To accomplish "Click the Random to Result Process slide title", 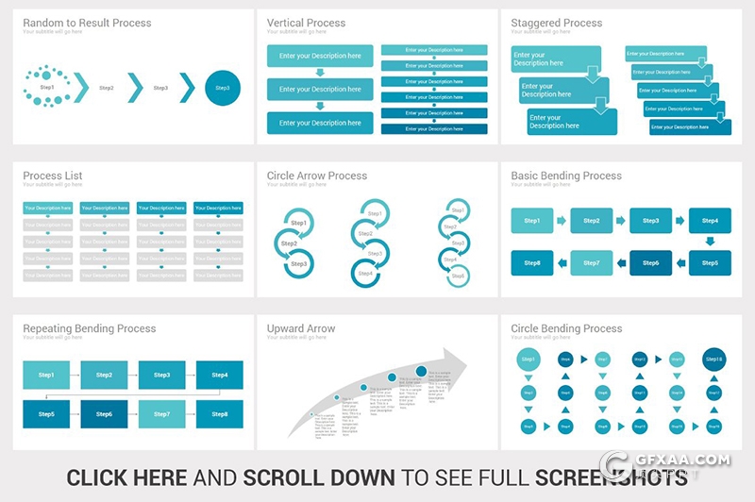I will point(87,23).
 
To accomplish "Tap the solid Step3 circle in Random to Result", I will point(222,88).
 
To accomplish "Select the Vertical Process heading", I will point(306,23).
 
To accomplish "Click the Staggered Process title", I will point(556,23).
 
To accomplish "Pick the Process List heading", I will point(53,176).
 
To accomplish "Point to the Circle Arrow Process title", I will point(316,176).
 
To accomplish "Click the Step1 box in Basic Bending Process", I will point(532,221).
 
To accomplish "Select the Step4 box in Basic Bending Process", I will point(710,221).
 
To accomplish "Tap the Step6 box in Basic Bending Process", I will point(650,263).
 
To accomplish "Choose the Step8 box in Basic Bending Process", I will point(532,263).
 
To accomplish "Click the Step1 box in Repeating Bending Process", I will point(46,376).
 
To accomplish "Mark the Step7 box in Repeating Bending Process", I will point(162,414).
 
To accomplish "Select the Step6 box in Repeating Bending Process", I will point(104,414).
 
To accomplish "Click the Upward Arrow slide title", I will point(300,328).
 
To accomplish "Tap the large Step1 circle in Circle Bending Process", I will point(528,360).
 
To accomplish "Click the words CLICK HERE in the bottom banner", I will point(126,477).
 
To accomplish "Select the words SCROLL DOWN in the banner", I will point(318,477).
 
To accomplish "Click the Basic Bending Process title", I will point(566,176).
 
